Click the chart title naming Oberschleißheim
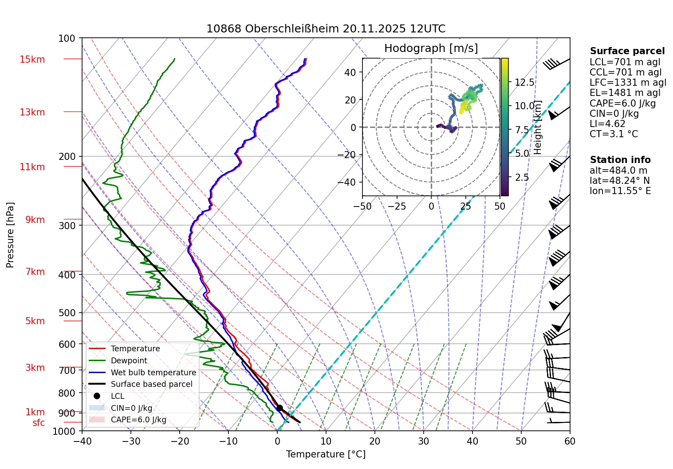coord(326,29)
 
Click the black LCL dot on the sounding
coord(279,408)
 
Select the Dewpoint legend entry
coord(129,361)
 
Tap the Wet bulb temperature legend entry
coord(153,373)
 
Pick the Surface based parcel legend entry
coord(151,384)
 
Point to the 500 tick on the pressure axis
coord(67,313)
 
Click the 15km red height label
coord(32,60)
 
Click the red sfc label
coord(39,423)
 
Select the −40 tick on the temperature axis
coord(82,441)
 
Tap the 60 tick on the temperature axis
coord(570,441)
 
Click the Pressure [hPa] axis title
coord(10,235)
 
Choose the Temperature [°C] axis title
coord(326,454)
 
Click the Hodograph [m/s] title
coord(431,48)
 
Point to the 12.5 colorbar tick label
coord(524,83)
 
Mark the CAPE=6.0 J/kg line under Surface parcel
coord(622,103)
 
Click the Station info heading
coord(620,160)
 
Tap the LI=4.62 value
coord(607,124)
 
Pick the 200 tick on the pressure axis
coord(67,156)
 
